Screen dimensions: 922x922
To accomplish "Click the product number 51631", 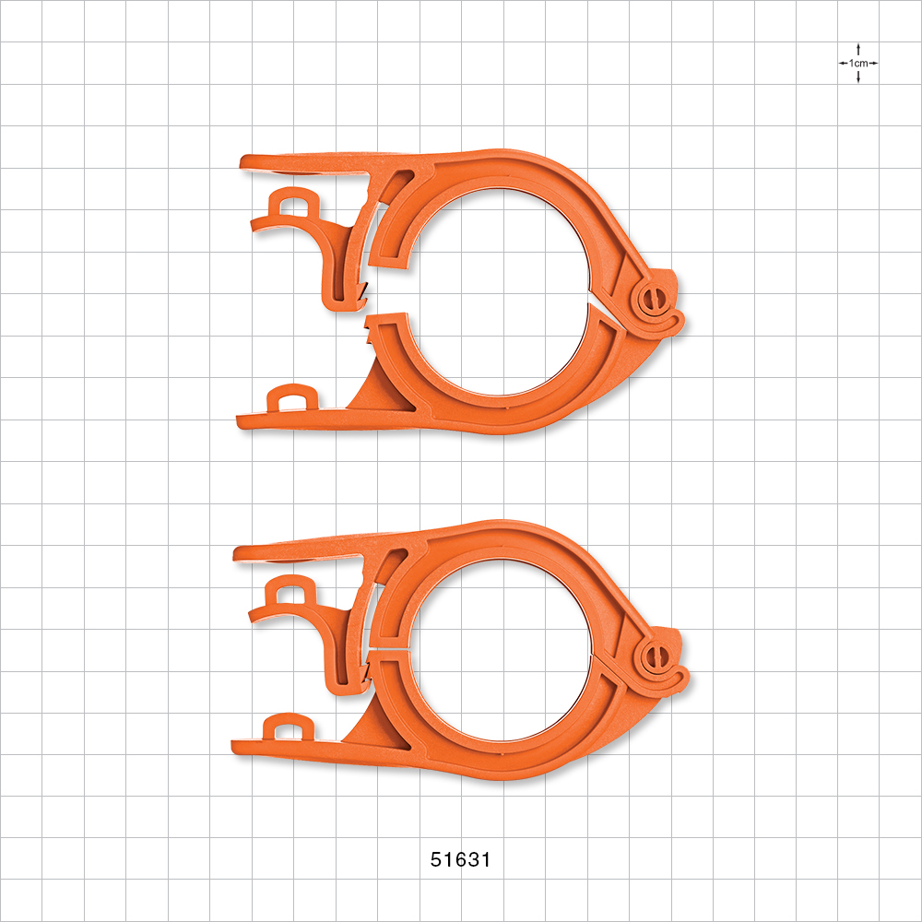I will tap(461, 859).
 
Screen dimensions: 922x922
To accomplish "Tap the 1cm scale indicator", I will tap(858, 63).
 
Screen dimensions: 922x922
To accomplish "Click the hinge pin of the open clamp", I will tap(653, 299).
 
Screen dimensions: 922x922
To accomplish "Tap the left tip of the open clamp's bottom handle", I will tap(242, 422).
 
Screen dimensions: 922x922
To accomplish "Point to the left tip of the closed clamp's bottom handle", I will tap(237, 743).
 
